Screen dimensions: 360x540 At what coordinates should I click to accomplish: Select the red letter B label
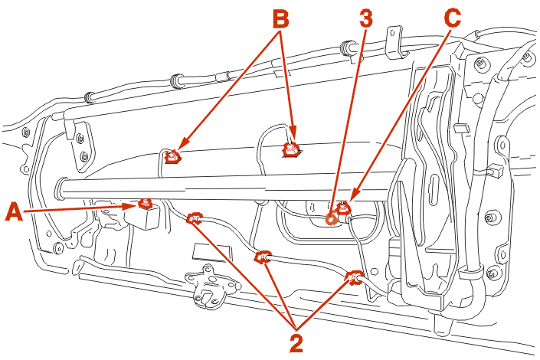(281, 18)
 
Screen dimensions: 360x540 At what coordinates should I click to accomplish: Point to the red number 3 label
(366, 18)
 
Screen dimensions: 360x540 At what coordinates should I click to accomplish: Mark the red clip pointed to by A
(144, 204)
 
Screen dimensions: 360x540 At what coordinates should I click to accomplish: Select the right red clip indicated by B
(292, 149)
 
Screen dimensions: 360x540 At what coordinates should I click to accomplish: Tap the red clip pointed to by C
(345, 206)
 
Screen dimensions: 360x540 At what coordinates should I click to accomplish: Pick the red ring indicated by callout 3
(332, 218)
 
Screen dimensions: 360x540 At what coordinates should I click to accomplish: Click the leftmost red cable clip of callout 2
(195, 219)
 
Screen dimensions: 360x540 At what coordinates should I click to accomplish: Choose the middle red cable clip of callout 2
(264, 256)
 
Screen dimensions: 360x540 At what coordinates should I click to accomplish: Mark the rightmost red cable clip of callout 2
(355, 277)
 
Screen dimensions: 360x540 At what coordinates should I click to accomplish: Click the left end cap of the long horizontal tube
(60, 185)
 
